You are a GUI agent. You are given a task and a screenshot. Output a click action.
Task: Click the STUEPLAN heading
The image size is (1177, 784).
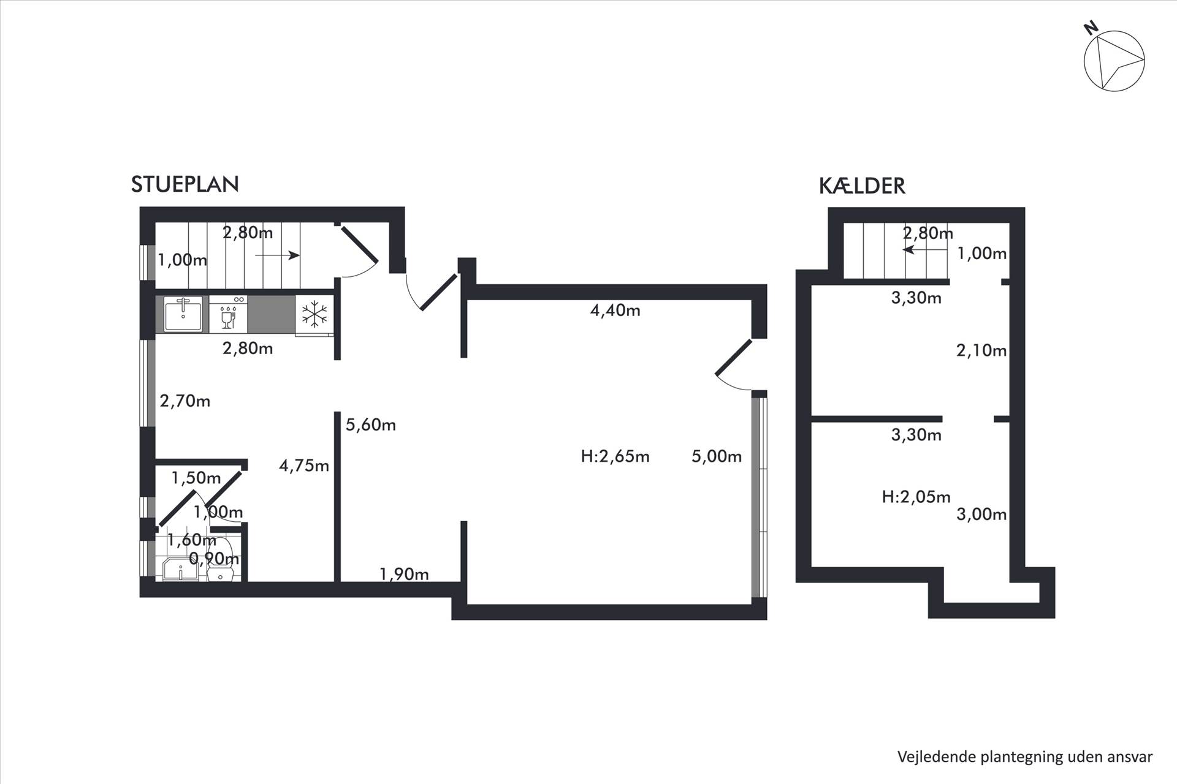185,184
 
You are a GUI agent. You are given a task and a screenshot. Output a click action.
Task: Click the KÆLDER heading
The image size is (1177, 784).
862,186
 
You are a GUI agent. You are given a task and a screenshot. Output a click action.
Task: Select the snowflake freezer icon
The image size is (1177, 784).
314,314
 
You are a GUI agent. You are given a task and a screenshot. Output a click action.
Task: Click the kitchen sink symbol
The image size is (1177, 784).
183,314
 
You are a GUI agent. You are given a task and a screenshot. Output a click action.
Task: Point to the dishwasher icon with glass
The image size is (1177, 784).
228,314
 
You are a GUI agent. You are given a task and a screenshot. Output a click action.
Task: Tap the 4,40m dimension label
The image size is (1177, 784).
615,311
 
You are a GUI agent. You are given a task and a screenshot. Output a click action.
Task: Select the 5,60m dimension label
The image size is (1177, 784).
370,424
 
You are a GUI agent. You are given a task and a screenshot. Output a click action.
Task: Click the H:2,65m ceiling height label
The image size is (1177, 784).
615,456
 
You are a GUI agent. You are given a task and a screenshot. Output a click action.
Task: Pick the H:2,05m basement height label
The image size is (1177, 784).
916,497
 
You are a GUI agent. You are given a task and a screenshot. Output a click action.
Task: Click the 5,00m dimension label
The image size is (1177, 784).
717,456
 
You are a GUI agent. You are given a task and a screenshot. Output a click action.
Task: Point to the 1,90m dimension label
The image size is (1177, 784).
404,575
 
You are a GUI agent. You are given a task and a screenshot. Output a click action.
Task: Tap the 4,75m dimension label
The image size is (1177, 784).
304,466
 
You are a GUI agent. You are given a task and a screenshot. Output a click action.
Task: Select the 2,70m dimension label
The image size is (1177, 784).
185,401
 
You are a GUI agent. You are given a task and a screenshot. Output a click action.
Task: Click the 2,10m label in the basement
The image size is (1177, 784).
981,350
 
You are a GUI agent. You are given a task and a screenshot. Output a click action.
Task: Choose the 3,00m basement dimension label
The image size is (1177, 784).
981,514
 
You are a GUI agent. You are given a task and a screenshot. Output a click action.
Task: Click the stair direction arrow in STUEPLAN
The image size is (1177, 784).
278,255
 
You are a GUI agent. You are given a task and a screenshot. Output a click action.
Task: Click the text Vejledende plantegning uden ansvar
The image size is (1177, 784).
1025,756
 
